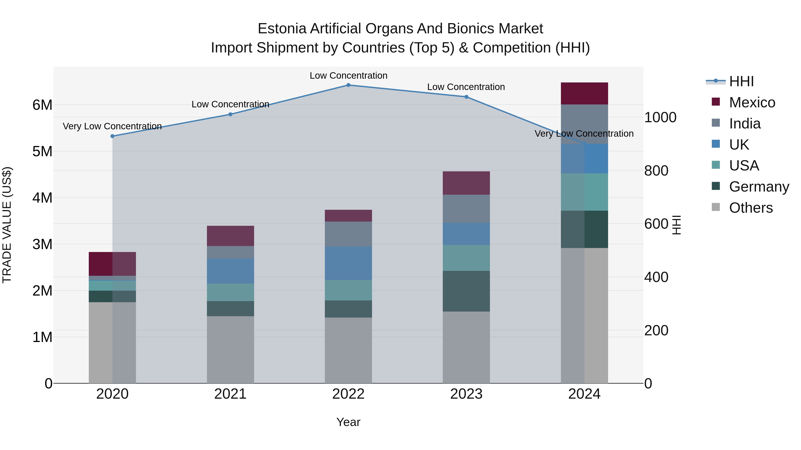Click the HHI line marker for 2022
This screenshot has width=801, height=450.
348,85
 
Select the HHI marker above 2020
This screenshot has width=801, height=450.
113,136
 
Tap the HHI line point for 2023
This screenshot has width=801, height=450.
466,97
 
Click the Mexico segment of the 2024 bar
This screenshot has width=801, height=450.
584,94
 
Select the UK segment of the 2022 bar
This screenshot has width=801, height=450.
348,263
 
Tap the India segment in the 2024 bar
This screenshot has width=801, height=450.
584,124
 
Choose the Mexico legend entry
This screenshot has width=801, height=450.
752,102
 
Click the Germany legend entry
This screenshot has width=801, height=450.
759,187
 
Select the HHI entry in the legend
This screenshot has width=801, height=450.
741,81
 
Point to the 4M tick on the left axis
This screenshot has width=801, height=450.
42,198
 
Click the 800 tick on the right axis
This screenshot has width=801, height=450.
656,171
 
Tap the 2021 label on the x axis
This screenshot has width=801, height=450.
231,394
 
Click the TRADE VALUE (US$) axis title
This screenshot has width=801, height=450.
7,225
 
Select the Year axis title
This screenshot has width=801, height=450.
348,422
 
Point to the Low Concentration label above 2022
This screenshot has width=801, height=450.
348,76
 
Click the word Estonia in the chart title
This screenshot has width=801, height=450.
282,29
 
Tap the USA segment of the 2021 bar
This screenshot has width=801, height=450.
231,292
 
